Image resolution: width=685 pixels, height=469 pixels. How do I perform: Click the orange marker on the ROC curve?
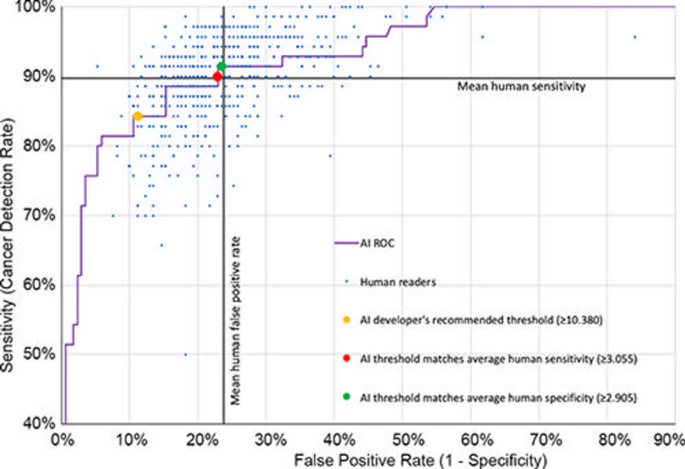click(x=137, y=117)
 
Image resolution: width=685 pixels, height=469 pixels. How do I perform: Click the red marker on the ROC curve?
click(x=217, y=77)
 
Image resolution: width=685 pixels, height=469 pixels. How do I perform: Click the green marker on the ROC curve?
click(x=221, y=67)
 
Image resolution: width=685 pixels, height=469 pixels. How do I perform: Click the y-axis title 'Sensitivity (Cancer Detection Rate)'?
click(x=10, y=215)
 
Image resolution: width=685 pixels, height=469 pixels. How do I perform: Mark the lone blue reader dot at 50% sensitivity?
click(x=185, y=354)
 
